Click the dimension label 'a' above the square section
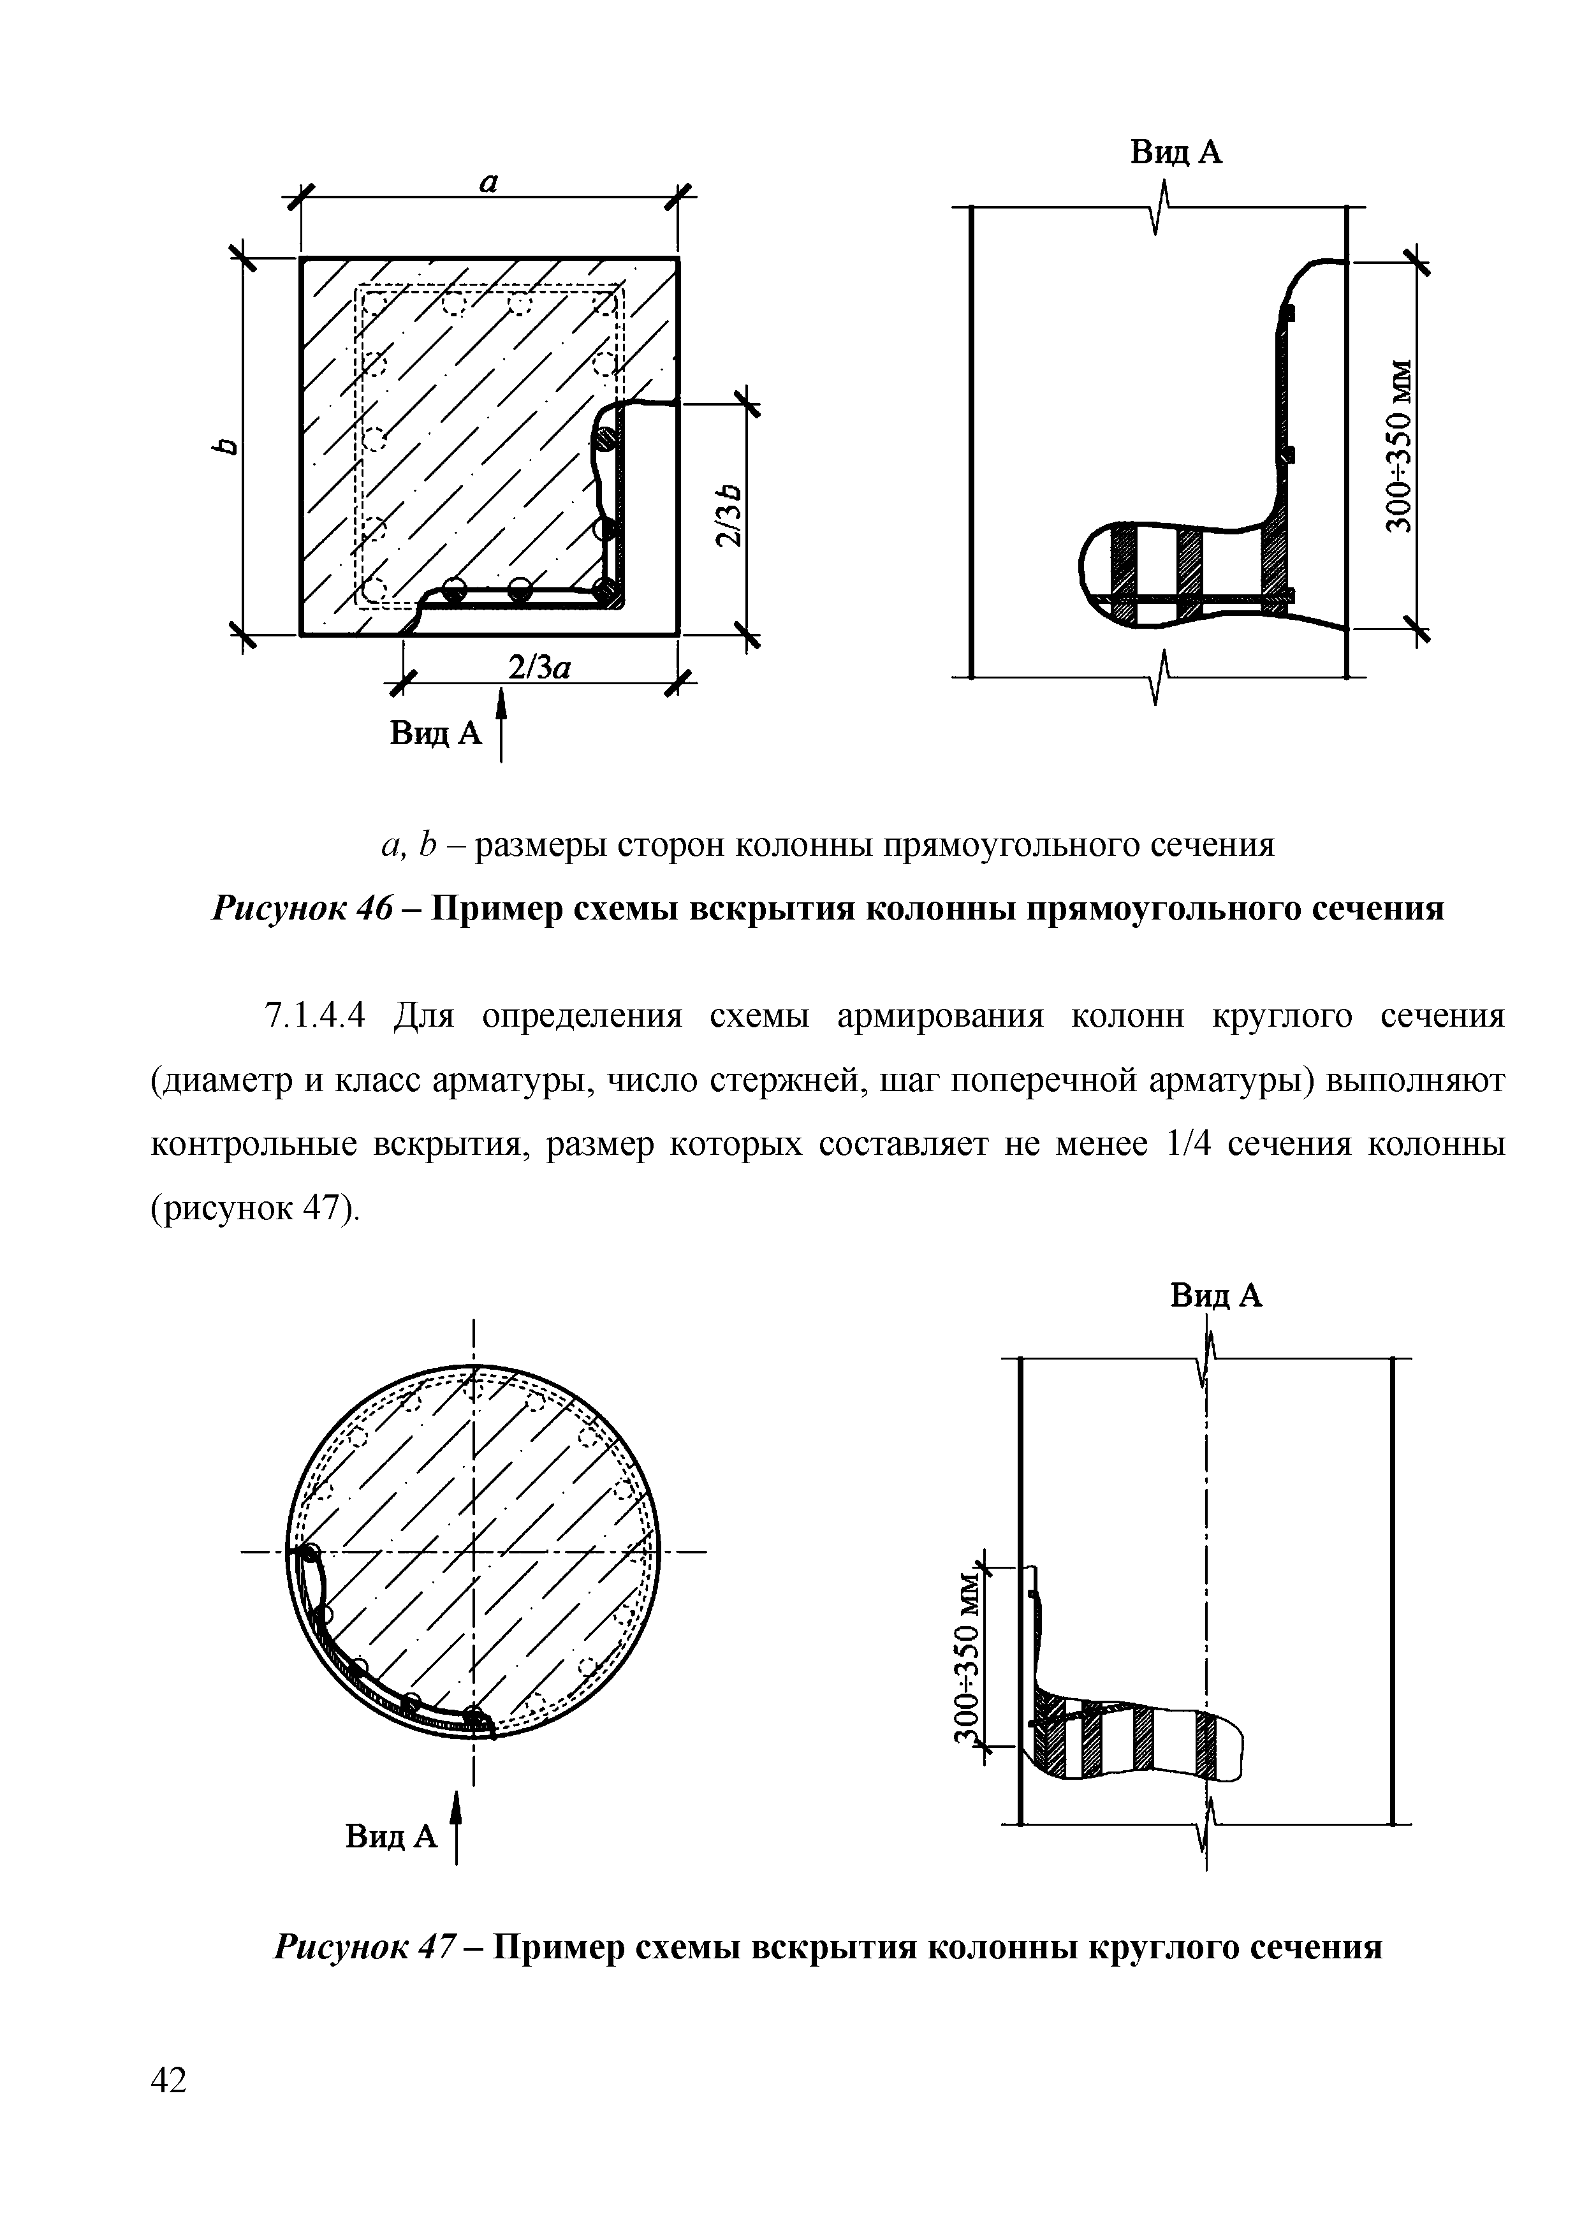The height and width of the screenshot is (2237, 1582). click(x=489, y=181)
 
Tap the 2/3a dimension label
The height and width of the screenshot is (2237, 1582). click(x=539, y=668)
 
